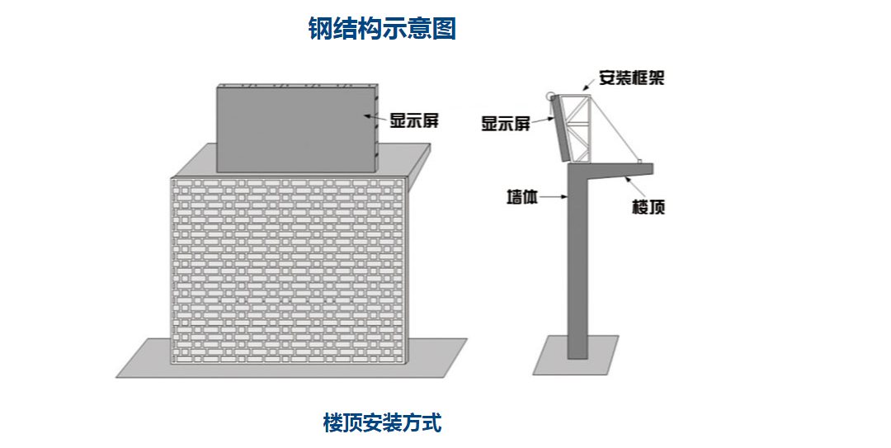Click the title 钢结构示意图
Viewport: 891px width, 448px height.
(382, 29)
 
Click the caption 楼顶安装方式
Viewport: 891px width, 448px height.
(382, 424)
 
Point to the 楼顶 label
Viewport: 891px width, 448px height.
(648, 207)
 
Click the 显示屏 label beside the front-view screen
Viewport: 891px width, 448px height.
(413, 120)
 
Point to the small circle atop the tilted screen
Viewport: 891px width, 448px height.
(550, 96)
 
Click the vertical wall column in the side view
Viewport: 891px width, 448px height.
(577, 264)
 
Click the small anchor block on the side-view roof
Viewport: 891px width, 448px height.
(640, 160)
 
